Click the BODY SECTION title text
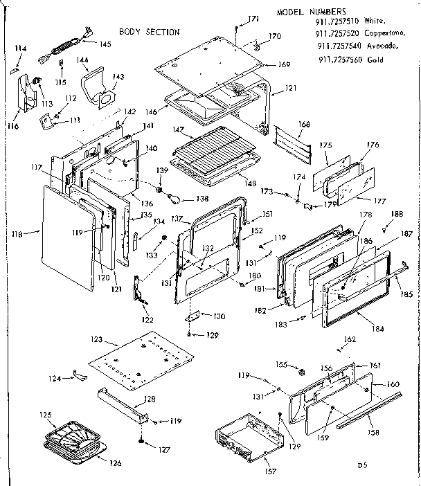point(150,32)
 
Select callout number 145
point(105,44)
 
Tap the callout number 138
point(202,199)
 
